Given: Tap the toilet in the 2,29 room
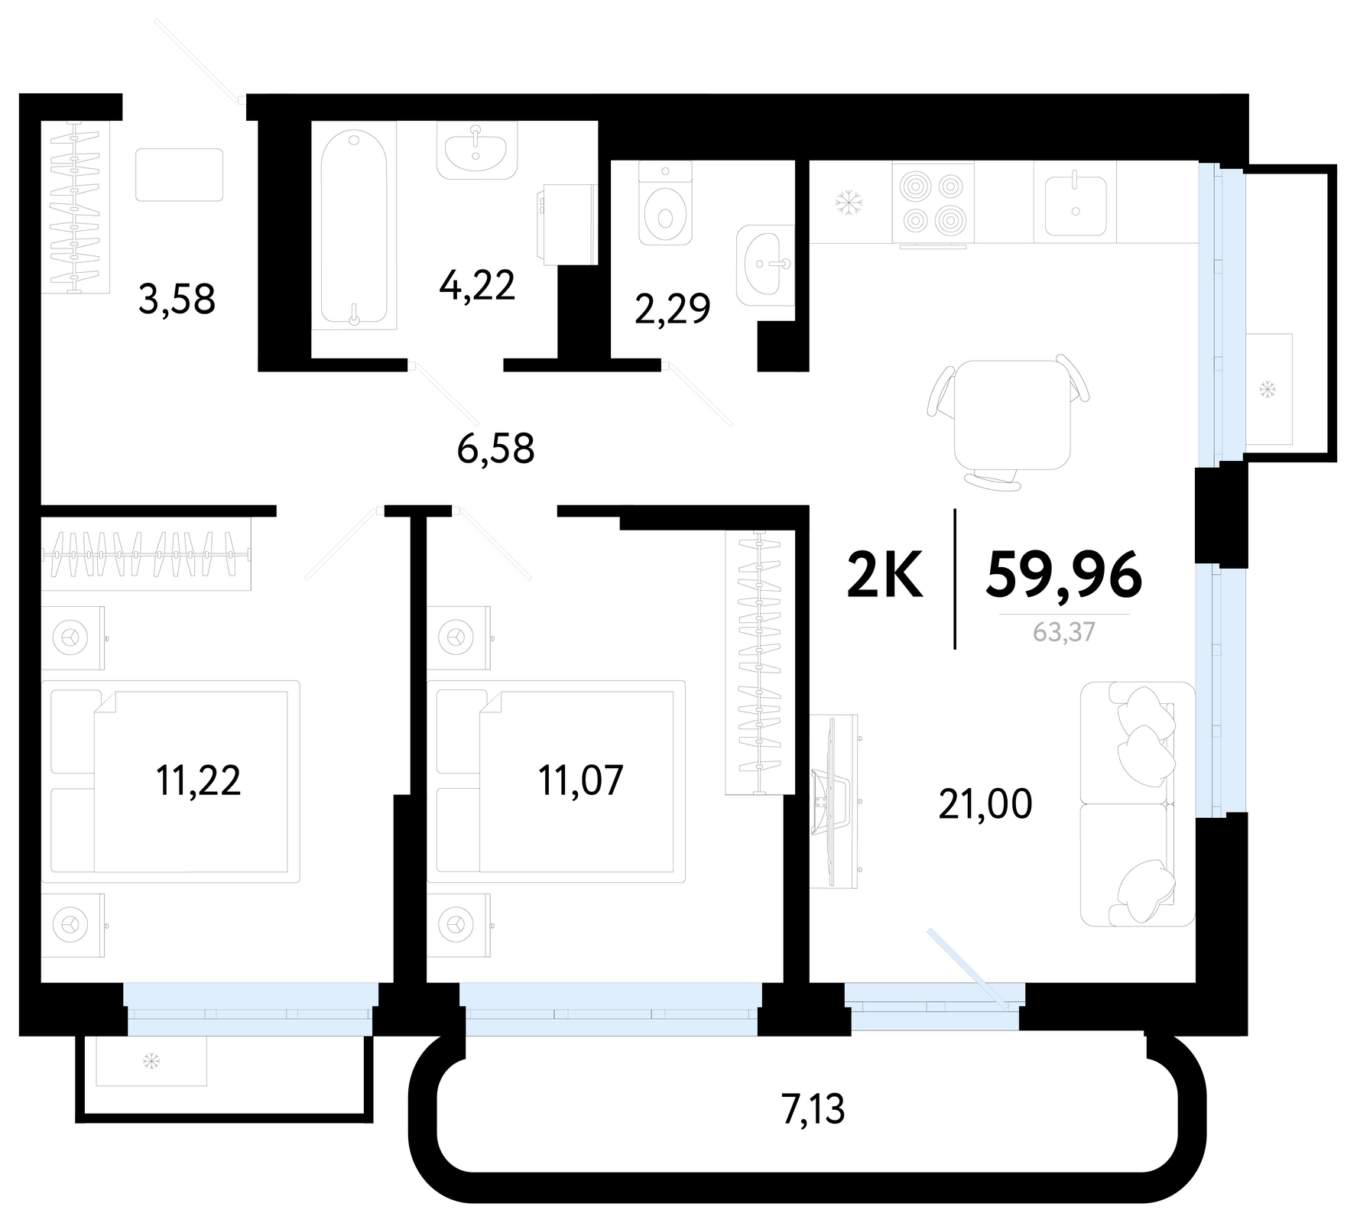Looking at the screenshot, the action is pyautogui.click(x=665, y=203).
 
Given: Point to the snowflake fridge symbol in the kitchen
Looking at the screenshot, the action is pyautogui.click(x=848, y=203).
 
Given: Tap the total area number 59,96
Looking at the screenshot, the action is pyautogui.click(x=1063, y=575).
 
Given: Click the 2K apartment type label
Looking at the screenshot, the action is pyautogui.click(x=886, y=575).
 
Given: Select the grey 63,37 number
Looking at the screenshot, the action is pyautogui.click(x=1063, y=632).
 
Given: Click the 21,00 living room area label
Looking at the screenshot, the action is pyautogui.click(x=985, y=804).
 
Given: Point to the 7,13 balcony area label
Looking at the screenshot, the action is pyautogui.click(x=813, y=1110).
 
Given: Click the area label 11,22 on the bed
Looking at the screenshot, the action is pyautogui.click(x=198, y=780).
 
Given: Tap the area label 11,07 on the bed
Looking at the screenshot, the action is pyautogui.click(x=581, y=780).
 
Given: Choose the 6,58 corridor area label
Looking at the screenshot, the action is pyautogui.click(x=495, y=449).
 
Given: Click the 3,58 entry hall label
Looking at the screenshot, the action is pyautogui.click(x=177, y=299).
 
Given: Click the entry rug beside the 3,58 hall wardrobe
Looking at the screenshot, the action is pyautogui.click(x=180, y=175).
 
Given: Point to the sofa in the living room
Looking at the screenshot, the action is pyautogui.click(x=1138, y=803).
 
